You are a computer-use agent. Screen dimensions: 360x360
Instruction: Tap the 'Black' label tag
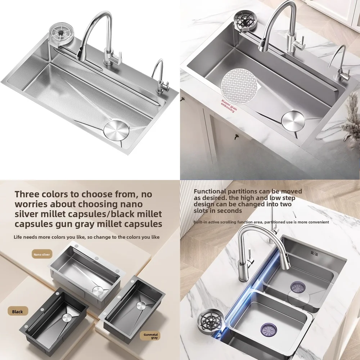pos(17,312)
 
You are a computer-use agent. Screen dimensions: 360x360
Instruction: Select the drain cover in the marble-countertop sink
pos(293,120)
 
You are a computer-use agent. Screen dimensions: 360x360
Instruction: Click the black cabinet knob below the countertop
pos(236,136)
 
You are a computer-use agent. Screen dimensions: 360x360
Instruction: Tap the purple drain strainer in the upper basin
pos(298,287)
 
